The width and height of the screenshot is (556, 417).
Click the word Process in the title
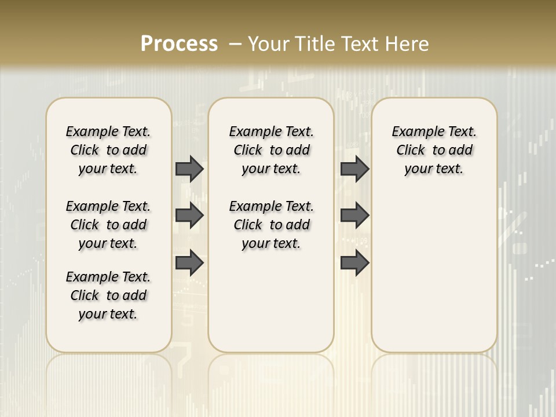[x=179, y=44]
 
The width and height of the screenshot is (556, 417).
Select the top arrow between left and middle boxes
[x=189, y=169]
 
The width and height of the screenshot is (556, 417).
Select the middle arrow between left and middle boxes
[x=189, y=216]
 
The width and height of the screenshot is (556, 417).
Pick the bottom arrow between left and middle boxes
[x=189, y=262]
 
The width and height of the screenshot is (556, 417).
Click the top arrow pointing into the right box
[x=354, y=169]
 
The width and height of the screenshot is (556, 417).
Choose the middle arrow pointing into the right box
[x=354, y=216]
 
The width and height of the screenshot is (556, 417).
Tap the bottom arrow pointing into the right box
[x=354, y=262]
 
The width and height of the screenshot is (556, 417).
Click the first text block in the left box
[x=108, y=150]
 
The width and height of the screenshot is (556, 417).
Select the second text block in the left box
[x=108, y=225]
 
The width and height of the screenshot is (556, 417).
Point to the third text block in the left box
[x=108, y=295]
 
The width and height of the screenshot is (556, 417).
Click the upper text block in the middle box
[x=271, y=150]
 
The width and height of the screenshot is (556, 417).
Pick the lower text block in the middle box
[x=271, y=225]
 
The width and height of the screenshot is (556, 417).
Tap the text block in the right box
[x=434, y=150]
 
